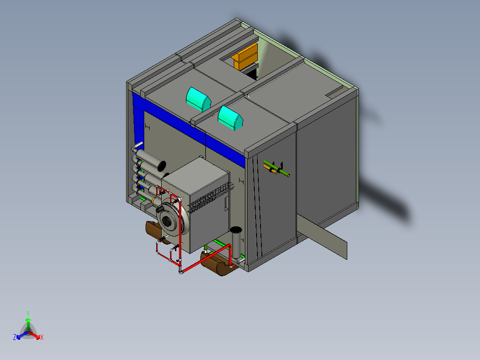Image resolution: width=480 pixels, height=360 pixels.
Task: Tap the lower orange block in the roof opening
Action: tap(244, 63)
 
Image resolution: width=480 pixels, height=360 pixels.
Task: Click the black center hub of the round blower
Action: tap(167, 221)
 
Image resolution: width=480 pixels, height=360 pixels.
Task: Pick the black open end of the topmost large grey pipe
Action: tap(161, 166)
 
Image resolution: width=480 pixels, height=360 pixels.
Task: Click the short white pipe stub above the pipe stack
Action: tap(138, 145)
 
